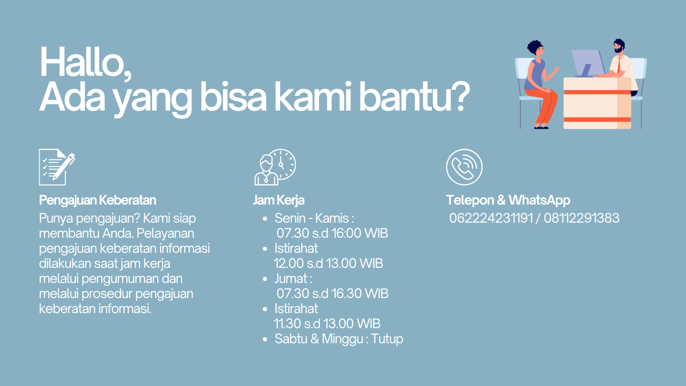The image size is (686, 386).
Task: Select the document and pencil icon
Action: [56, 167]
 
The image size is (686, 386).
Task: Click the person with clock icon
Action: [275, 167]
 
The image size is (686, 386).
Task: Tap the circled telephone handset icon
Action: [464, 167]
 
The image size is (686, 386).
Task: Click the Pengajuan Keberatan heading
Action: [98, 200]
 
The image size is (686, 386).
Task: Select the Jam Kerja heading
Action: [279, 200]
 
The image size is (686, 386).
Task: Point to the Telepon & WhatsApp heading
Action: [508, 200]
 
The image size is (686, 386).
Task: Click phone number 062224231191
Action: [491, 218]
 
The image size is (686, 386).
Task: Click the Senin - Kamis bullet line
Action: [314, 218]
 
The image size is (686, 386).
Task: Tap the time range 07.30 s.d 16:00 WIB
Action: [332, 233]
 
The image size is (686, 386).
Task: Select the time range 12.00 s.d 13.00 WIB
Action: [328, 263]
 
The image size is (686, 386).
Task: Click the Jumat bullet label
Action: [293, 278]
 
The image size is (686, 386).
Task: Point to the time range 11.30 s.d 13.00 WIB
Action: [327, 323]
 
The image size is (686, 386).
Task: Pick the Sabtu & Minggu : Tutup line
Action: [338, 339]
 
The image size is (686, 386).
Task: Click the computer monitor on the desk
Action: [588, 62]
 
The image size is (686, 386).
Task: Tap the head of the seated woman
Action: [535, 49]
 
